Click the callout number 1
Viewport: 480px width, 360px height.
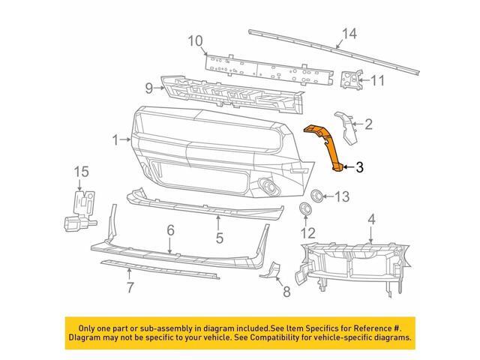116,139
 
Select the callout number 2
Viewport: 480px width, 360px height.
368,123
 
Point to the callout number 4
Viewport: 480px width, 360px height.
371,219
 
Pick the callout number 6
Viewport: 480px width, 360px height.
170,230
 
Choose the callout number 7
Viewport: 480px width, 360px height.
130,287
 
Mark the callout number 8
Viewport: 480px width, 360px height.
286,291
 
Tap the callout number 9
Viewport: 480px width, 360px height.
148,88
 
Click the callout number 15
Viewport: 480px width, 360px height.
80,174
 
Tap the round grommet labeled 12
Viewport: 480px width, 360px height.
305,208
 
